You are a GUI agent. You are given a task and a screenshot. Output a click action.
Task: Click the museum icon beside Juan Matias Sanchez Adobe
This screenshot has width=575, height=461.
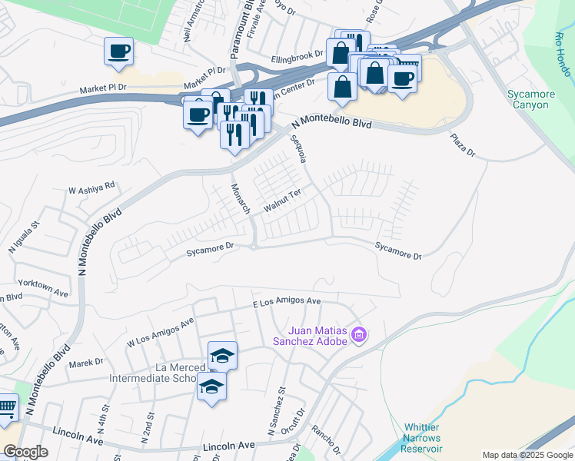point(359,335)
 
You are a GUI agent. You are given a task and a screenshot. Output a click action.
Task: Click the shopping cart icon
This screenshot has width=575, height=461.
point(6,408)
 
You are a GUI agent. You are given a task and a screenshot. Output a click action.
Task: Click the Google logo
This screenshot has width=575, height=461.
point(25,452)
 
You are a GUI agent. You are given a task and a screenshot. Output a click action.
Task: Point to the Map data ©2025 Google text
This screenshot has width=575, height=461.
point(527,455)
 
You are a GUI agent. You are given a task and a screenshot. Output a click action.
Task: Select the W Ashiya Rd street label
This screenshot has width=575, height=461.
point(91,187)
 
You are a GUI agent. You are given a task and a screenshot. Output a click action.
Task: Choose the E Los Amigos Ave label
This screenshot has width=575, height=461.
point(287,302)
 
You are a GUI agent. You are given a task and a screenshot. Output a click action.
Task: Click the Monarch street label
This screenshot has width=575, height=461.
point(241,198)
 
